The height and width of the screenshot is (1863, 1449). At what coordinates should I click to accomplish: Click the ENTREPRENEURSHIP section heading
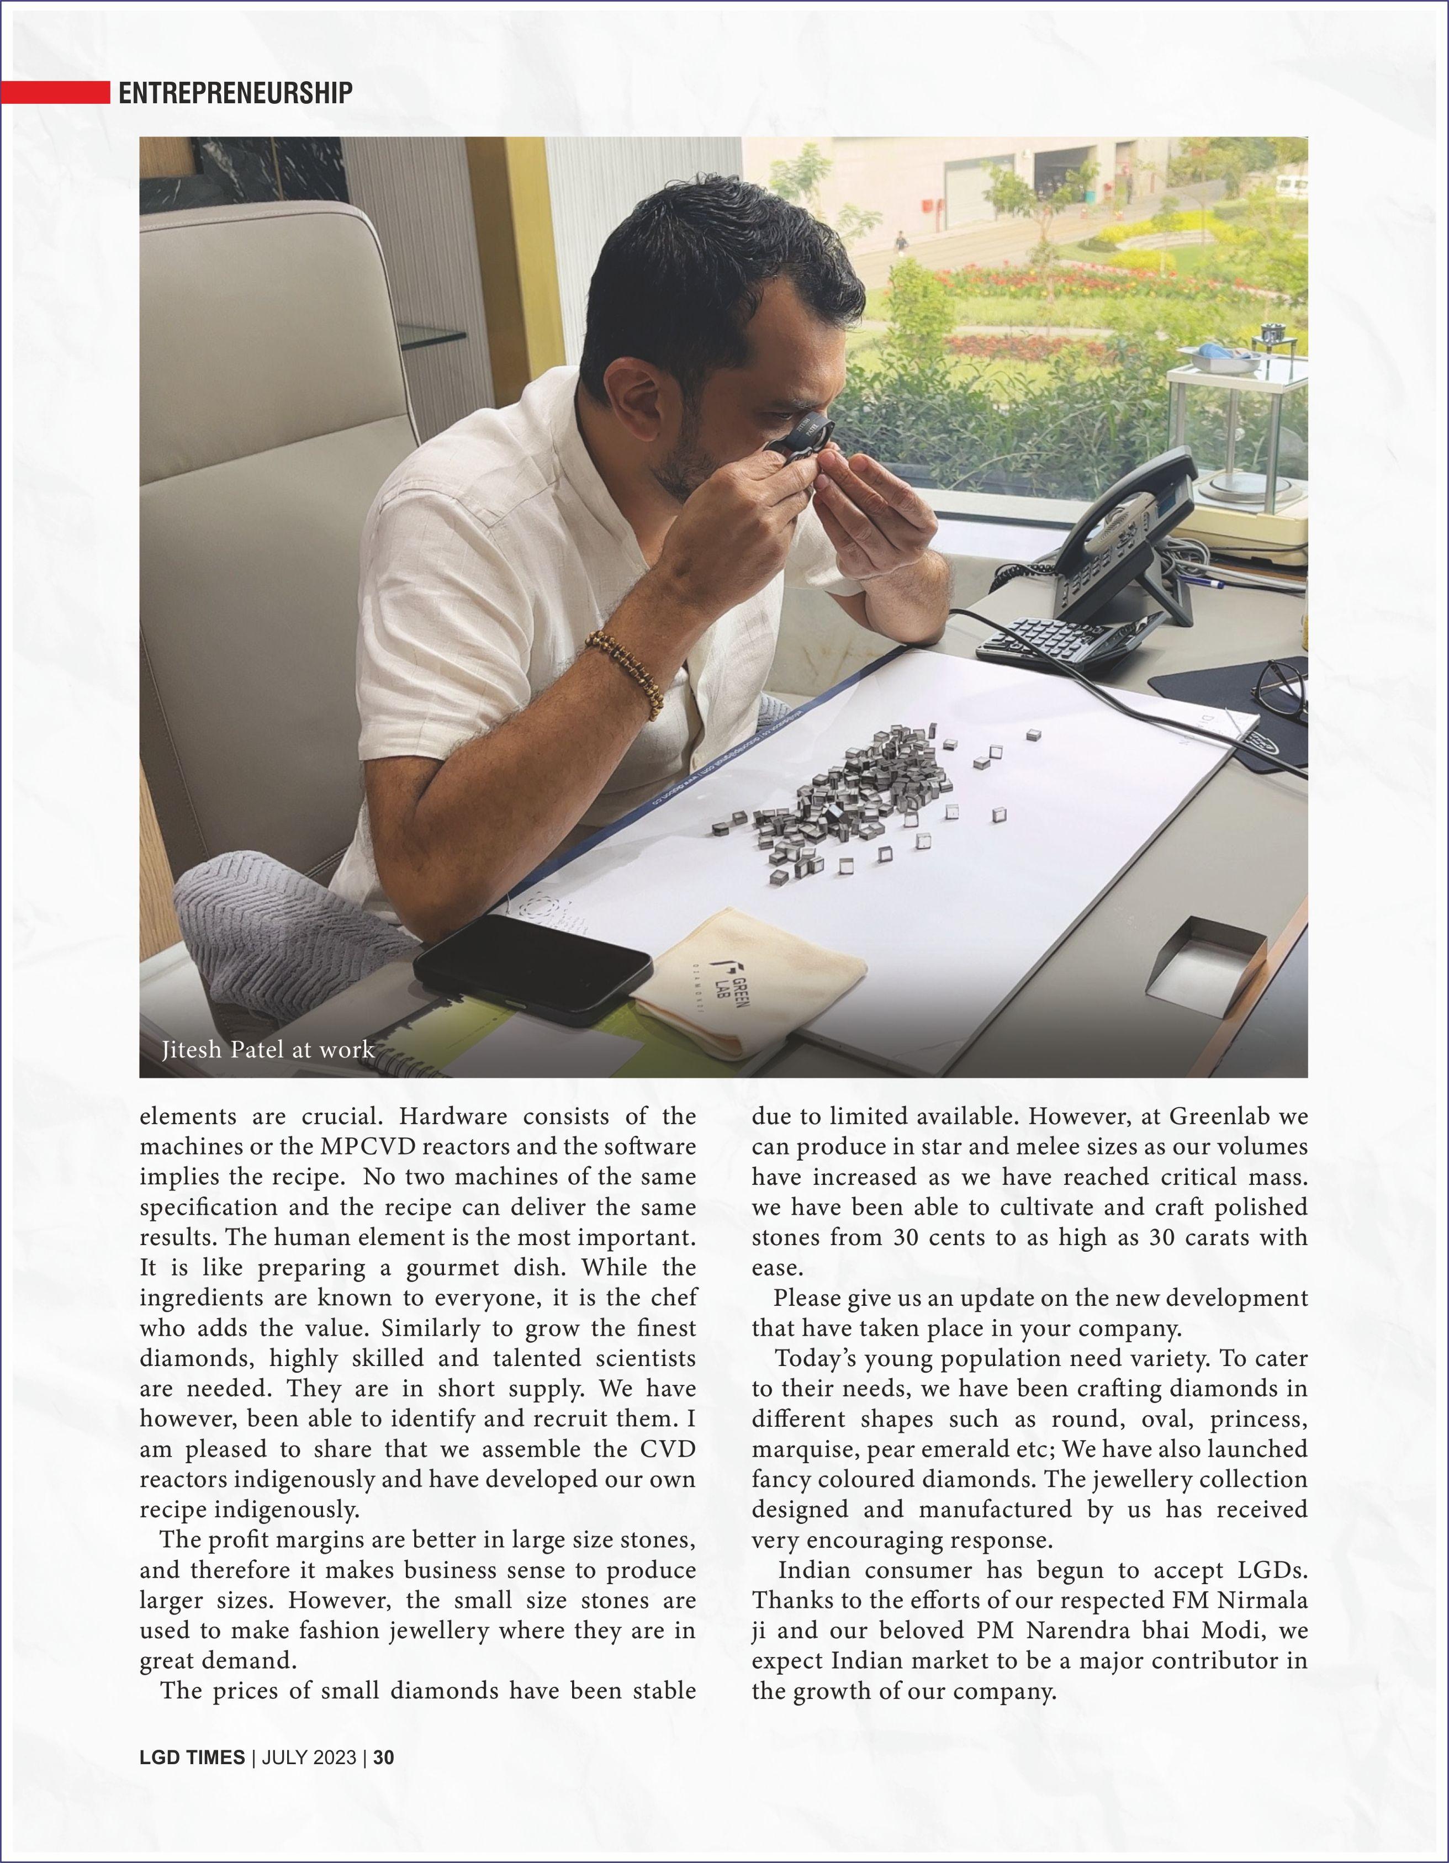(x=235, y=92)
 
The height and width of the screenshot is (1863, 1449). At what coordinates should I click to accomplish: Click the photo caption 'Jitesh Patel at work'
(x=268, y=1049)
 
